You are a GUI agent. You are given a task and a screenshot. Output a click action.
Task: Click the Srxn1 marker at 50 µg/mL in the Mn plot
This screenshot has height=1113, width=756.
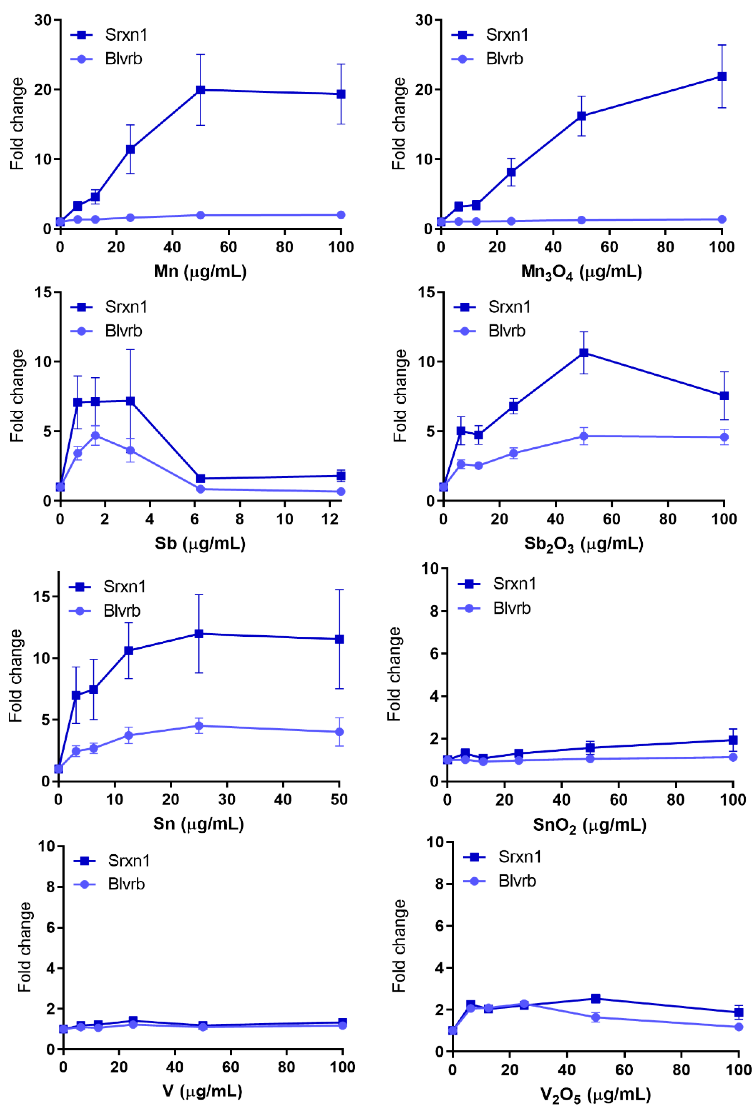200,90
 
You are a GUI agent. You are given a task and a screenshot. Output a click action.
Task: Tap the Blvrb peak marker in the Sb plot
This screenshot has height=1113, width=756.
96,435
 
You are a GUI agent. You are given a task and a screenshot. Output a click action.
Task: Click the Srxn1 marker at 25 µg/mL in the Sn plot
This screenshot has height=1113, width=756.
198,633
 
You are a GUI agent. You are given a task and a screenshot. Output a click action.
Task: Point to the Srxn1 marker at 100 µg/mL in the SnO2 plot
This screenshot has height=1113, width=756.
733,740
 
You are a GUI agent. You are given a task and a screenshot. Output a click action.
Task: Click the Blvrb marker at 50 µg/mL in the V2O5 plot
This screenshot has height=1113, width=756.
595,1017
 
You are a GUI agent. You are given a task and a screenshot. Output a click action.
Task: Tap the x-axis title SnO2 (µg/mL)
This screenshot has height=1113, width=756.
590,825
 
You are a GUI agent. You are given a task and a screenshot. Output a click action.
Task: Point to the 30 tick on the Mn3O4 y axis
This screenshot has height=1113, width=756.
424,20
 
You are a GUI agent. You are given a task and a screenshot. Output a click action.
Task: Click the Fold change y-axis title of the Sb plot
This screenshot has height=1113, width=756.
17,396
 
